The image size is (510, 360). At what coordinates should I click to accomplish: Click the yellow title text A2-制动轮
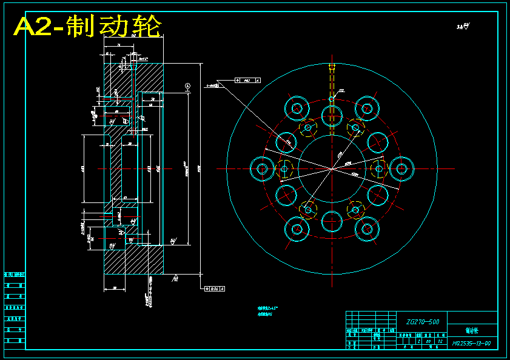pos(89,27)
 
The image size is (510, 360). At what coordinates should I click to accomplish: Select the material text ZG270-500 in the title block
pos(418,322)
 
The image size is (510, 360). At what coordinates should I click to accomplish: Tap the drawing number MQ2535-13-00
pos(471,344)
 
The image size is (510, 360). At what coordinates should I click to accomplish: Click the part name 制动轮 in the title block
pos(472,331)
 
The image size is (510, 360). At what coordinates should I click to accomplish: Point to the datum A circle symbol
pos(188,86)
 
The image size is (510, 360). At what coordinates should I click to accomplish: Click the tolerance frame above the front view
pos(247,80)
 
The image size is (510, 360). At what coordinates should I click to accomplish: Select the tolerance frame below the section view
pos(213,288)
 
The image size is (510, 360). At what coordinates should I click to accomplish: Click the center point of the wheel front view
pos(332,168)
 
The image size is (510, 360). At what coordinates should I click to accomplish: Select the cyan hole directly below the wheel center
pos(332,222)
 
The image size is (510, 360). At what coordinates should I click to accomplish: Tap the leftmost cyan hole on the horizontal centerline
pos(262,168)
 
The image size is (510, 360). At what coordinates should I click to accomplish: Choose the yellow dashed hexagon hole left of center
pos(284,168)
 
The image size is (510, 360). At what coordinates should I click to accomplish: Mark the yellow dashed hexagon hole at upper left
pos(308,127)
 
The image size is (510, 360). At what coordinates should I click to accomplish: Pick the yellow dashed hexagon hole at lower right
pos(355,210)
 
